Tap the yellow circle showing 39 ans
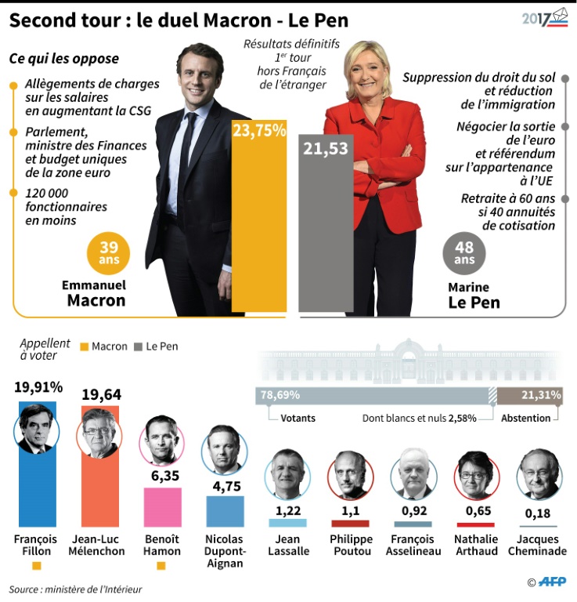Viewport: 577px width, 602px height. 108,253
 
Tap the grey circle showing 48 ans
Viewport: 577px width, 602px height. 464,253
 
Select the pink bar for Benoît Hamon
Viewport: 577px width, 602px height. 162,506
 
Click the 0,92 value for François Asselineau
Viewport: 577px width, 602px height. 413,510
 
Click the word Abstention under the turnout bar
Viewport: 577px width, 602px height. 526,418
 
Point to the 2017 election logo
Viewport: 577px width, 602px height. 545,18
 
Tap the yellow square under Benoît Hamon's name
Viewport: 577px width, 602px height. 162,565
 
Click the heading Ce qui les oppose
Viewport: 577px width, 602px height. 64,59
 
